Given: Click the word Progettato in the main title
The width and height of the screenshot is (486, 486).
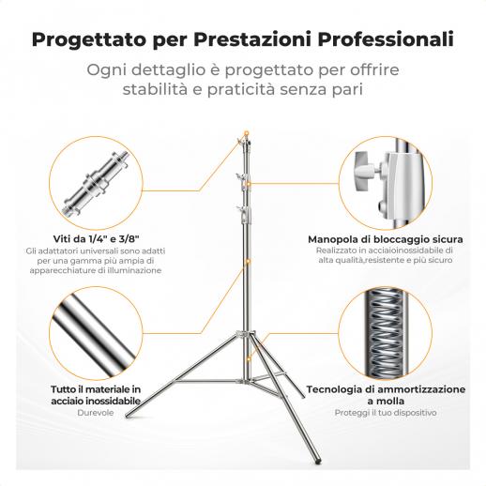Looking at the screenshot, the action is coord(89,39).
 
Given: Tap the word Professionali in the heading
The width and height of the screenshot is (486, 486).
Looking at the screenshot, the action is coord(386,38).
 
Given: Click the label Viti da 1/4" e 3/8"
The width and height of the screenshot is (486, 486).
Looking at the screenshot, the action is coord(96,239).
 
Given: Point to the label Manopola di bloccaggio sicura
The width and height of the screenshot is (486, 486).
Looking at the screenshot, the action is coord(386,239).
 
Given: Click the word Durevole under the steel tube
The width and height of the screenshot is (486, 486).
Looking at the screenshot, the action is coord(96,413).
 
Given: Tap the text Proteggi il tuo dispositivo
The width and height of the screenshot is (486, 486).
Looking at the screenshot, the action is coord(386,413).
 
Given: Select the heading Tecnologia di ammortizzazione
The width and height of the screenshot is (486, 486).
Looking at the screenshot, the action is coord(386,389).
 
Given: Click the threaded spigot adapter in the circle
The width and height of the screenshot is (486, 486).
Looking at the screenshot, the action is coord(96,184).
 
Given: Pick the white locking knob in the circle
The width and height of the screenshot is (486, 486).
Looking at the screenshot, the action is coord(365,170).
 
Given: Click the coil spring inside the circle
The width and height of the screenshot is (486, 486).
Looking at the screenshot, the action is coord(386,332).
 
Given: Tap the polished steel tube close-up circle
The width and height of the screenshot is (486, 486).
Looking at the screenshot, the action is coord(96,333).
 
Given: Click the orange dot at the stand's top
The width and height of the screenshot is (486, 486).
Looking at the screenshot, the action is coord(246,133).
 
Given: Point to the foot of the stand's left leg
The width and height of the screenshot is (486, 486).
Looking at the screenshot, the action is coord(127,416).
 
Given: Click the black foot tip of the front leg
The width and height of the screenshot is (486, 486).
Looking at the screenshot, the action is coord(318,461).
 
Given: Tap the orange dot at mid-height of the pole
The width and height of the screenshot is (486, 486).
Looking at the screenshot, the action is coord(248,261).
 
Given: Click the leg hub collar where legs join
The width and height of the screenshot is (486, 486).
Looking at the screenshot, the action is coord(246,334).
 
